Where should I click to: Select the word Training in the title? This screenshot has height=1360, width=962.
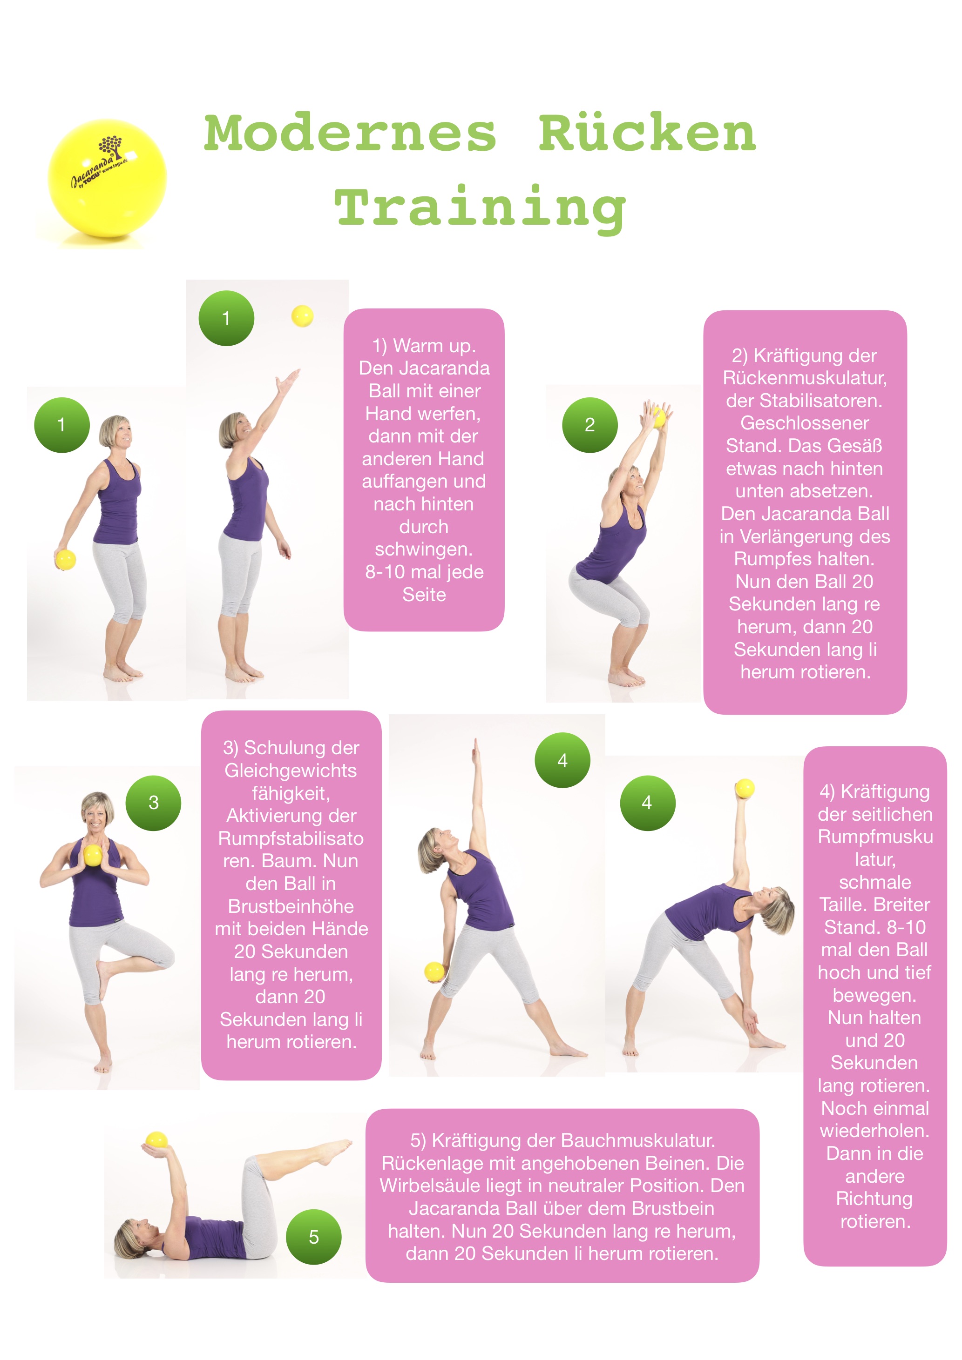coord(481,208)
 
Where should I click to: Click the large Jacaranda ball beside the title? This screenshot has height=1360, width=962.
coord(107,178)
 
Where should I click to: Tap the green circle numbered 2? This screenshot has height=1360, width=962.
coord(590,425)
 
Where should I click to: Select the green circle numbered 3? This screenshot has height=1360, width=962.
coord(154,803)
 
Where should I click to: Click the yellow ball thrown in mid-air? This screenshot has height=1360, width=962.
coord(302,316)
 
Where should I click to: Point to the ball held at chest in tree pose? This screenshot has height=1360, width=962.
coord(93,855)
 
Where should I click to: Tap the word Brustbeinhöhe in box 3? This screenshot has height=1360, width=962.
coord(291,906)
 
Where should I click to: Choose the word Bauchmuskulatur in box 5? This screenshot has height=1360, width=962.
coord(638,1140)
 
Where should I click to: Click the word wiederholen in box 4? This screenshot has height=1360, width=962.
coord(875,1131)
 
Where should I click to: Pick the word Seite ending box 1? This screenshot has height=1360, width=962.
coord(424,594)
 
